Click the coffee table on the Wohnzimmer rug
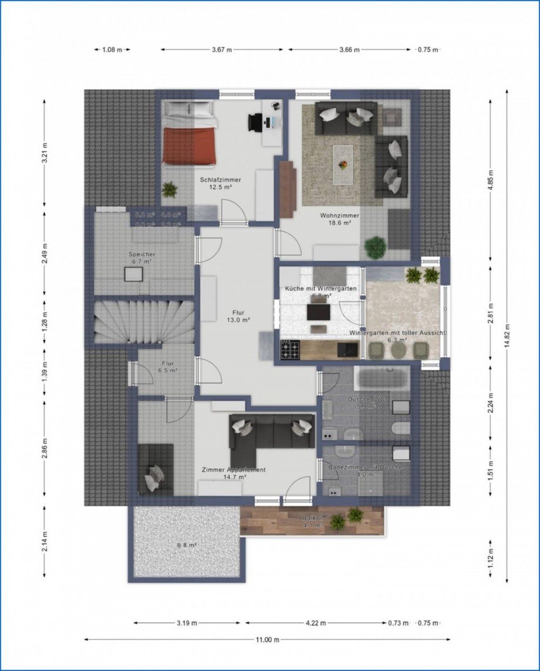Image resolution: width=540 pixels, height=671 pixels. pos(343,157)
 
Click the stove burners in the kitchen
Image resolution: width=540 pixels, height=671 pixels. pos(291,350)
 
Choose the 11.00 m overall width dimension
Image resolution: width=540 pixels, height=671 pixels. pos(267,639)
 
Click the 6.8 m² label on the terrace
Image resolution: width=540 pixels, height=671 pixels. pos(187,545)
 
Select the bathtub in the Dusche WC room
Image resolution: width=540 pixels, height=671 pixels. pos(382,378)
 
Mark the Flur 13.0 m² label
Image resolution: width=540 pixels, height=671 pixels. pos(238,316)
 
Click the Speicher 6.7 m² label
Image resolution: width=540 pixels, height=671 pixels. pos(140,257)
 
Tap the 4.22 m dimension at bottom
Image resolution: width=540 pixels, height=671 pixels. pos(315,623)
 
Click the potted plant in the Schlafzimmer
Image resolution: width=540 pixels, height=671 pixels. pos(170,189)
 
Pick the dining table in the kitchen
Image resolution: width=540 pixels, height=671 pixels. pos(319,312)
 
